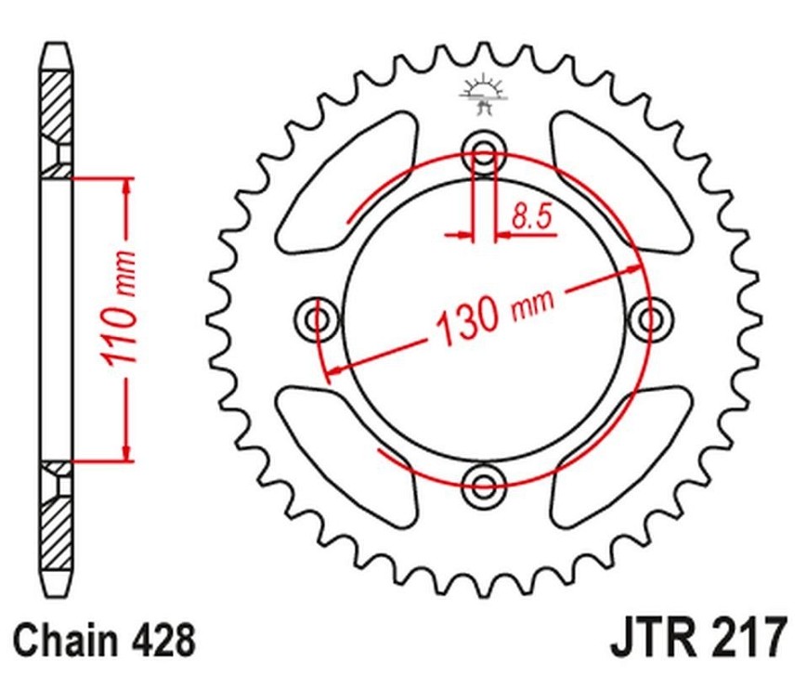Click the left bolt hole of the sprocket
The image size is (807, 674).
317,320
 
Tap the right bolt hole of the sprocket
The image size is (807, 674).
650,320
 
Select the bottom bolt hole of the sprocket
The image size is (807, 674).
484,485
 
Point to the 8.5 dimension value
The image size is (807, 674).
531,216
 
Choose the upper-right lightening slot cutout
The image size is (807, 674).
621,182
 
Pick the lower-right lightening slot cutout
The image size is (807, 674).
621,456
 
